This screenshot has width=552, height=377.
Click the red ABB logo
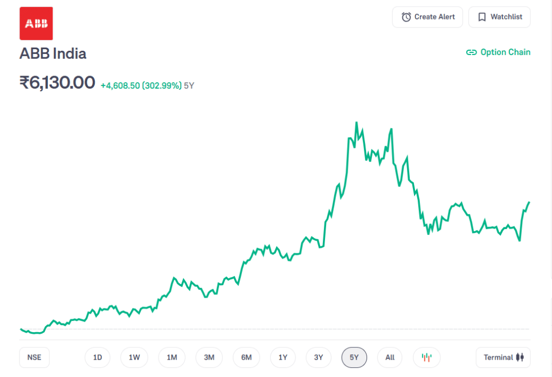pos(36,23)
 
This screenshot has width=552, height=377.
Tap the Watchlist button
pos(499,17)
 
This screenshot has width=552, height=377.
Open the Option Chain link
pos(498,52)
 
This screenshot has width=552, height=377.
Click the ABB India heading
pos(53,53)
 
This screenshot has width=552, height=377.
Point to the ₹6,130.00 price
pos(57,83)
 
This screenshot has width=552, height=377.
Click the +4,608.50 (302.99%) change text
pos(141,85)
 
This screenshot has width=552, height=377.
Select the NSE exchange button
pos(34,357)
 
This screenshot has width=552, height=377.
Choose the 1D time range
pos(98,357)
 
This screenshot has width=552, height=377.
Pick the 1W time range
pos(134,357)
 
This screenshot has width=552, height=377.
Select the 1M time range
pos(172,357)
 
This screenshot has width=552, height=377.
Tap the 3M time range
pos(209,357)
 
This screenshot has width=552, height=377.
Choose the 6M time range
pos(246,357)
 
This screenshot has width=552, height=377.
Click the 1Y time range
pos(283,357)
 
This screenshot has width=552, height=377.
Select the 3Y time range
pos(319,357)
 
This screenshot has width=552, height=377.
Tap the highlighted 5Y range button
pos(354,357)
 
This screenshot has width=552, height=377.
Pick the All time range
pos(390,357)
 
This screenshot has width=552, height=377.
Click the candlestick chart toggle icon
pos(427,357)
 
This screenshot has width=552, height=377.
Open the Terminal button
pos(503,357)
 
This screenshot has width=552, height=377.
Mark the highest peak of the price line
pos(356,123)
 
